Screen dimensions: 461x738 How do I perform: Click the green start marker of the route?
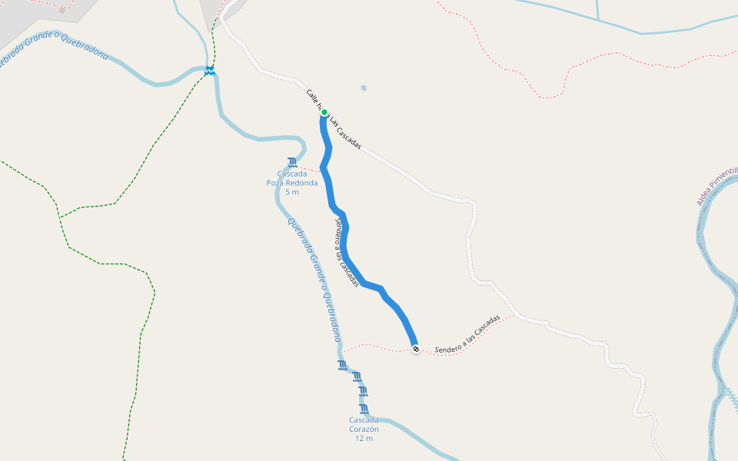324,112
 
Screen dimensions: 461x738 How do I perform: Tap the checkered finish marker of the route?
416,350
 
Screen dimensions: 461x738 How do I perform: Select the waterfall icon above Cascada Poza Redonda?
291,162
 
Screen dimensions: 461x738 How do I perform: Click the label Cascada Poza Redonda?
291,178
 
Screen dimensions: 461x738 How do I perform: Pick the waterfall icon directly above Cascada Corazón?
364,409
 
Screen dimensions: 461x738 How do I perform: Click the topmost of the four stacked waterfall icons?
342,364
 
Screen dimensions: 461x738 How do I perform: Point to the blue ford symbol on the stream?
209,71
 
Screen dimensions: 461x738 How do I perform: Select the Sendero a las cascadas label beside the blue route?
347,253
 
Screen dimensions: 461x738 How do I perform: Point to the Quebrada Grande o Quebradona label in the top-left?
54,49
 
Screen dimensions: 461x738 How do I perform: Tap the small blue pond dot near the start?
364,88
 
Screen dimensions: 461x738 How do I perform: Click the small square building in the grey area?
62,10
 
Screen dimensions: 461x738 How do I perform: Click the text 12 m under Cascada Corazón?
364,439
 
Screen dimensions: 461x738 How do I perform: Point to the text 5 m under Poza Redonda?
291,192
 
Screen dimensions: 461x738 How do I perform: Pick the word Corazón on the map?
364,429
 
